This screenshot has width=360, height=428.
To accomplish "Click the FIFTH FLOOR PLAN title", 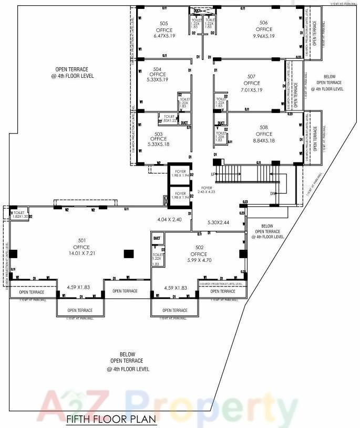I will click(111, 419).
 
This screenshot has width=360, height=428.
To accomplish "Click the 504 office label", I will click(157, 69).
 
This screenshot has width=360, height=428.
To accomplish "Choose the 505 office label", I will click(164, 23).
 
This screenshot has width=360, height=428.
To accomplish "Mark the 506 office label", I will click(263, 23).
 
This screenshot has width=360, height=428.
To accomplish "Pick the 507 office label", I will click(251, 77).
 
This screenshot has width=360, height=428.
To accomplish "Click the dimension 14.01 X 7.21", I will click(81, 253).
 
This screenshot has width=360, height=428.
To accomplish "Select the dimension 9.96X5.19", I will click(263, 36).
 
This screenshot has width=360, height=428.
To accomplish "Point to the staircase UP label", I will click(213, 174).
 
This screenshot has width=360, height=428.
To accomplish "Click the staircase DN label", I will click(272, 193).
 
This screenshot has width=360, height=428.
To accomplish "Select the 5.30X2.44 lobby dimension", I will click(218, 223).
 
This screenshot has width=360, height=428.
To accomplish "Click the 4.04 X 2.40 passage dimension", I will click(169, 219).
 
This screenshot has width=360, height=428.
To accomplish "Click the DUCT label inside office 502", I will click(157, 239).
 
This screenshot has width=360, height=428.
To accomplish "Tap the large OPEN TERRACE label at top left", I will click(73, 73).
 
